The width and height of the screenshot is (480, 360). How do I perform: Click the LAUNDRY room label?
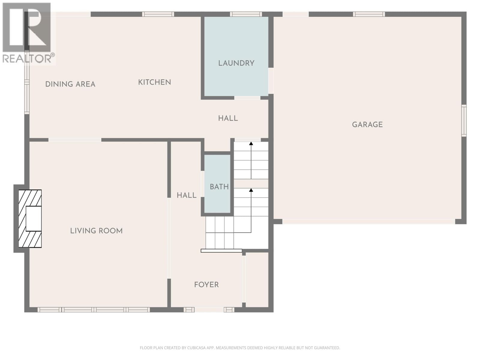236,63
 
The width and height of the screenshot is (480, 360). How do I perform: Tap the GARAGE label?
367,124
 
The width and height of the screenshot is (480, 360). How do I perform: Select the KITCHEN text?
154,82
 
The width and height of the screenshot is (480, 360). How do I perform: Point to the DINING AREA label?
70,84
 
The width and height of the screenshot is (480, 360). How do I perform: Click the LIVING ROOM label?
96,231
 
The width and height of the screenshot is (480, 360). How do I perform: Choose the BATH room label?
219,187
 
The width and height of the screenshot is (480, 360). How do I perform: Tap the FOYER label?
206,285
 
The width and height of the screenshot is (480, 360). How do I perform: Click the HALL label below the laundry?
228,118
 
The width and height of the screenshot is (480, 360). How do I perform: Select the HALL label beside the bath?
186,195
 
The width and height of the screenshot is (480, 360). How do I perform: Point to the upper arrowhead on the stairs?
251,144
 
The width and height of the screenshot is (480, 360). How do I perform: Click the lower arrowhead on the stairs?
251,190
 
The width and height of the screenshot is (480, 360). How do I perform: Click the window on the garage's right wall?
464,121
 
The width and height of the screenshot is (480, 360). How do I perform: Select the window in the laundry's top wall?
246,14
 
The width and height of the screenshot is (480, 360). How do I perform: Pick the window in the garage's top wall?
369,14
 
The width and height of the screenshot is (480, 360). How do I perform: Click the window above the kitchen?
158,14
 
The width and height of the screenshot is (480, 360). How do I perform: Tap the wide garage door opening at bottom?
368,221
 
